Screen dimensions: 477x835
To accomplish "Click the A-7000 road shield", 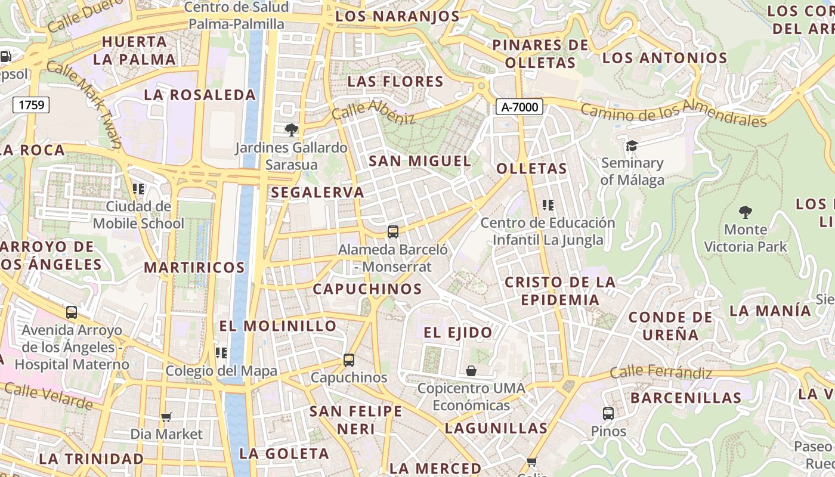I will tap(519, 107).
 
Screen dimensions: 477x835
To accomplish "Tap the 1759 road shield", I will tap(31, 105).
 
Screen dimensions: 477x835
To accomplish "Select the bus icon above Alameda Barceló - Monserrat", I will tap(393, 231).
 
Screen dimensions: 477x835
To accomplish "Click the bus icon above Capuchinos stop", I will tap(349, 360).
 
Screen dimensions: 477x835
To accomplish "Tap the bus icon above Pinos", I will tap(608, 413).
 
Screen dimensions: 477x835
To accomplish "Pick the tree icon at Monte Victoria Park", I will tap(745, 212).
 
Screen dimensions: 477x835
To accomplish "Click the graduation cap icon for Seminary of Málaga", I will tap(632, 145).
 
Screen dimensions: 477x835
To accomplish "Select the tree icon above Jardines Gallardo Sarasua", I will tap(291, 129).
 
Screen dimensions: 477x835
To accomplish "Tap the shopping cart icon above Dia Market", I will tap(166, 417).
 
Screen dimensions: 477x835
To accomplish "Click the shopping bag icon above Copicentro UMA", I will tap(471, 371).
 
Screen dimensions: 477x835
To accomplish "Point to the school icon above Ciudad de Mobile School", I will tap(138, 189).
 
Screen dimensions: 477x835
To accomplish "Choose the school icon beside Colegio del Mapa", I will tap(221, 353).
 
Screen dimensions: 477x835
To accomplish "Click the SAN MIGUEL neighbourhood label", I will tap(420, 161).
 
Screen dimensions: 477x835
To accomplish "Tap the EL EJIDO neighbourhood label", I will tap(458, 333).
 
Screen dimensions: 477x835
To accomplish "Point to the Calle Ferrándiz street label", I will tap(661, 373).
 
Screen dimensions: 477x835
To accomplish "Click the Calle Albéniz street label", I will tap(373, 111).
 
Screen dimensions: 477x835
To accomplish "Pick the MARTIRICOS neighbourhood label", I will tap(194, 268).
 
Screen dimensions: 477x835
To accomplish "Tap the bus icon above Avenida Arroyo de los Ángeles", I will tap(72, 312).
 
